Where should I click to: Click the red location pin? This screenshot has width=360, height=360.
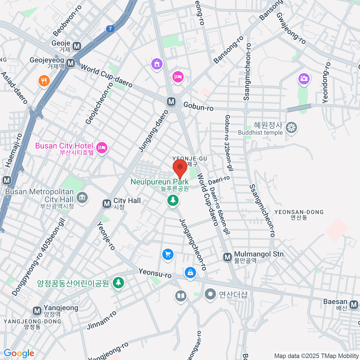tap(180, 167)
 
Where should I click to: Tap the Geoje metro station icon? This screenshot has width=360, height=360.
tap(77, 46)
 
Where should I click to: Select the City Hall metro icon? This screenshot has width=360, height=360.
tap(107, 204)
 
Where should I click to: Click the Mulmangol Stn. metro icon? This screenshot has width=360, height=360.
tap(228, 257)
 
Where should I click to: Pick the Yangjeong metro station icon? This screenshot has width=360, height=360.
tap(37, 311)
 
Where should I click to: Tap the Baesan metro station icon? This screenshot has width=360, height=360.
tap(354, 305)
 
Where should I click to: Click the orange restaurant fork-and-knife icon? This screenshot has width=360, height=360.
tap(44, 80)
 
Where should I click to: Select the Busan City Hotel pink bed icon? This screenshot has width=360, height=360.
tap(102, 147)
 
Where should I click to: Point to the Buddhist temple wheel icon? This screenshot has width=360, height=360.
tap(291, 127)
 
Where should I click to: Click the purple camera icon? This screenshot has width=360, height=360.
tap(304, 79)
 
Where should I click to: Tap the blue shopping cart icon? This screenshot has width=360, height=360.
tap(168, 254)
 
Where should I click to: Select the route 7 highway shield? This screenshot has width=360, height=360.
tap(110, 29)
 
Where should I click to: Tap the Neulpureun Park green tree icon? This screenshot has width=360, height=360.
tap(173, 200)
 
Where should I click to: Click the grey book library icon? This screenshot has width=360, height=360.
tap(181, 296)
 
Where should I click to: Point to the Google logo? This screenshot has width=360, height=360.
tap(19, 353)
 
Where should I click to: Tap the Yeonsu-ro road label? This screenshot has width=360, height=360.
tap(155, 273)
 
